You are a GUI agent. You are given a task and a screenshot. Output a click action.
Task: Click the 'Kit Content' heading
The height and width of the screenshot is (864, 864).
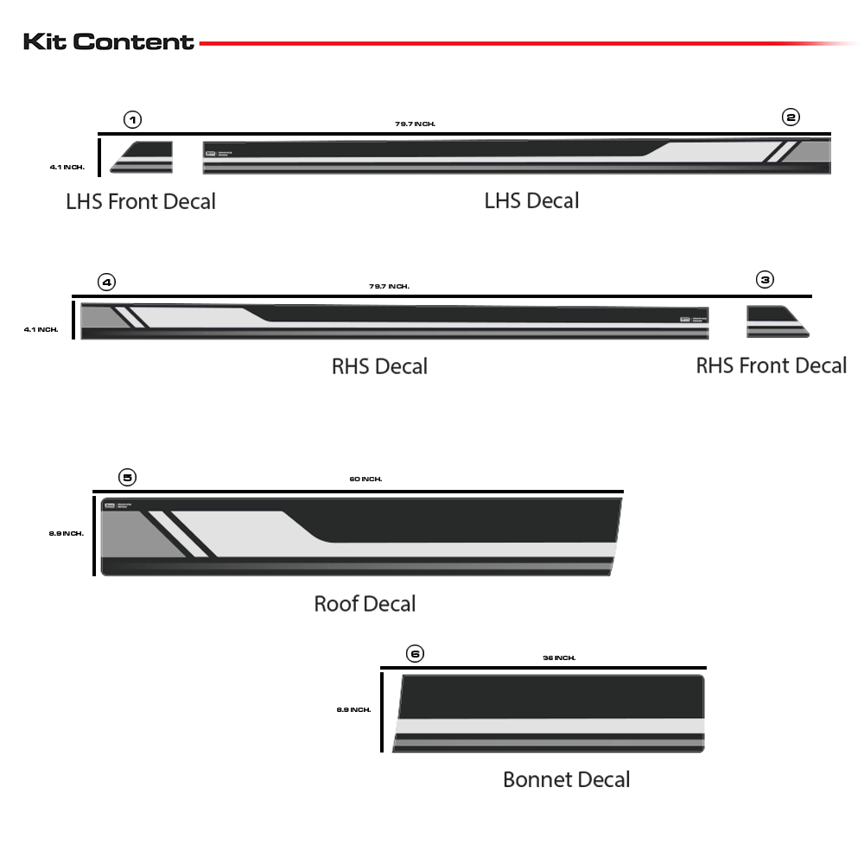click(109, 41)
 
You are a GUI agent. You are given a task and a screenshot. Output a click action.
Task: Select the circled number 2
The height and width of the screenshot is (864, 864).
click(791, 118)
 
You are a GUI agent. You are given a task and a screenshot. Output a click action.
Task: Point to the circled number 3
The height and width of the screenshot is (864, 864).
click(765, 279)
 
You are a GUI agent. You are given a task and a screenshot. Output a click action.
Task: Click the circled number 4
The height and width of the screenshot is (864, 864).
click(106, 282)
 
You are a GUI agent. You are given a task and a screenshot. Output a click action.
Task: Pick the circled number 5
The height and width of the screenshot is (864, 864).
click(127, 477)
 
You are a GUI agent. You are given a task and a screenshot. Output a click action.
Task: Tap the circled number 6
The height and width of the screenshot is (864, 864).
click(416, 653)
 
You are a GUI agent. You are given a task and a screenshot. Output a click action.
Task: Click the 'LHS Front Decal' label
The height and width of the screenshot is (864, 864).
click(141, 202)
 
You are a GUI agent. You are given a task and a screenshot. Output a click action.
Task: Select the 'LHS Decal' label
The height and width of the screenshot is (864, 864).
click(531, 201)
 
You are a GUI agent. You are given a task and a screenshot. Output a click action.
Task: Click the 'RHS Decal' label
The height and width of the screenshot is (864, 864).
click(379, 366)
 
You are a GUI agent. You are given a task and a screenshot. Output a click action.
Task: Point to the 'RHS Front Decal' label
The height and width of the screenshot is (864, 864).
click(771, 365)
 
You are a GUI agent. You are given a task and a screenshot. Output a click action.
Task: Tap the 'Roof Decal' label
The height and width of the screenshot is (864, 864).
click(365, 603)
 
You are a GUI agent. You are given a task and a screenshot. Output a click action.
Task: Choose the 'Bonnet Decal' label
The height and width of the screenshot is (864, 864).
click(566, 779)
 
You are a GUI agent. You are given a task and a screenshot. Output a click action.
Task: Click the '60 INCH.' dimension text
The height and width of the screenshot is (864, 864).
click(365, 479)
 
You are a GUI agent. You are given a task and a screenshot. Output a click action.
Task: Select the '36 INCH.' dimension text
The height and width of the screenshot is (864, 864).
click(559, 658)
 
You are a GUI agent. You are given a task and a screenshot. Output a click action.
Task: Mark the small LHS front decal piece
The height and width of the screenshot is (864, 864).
click(143, 157)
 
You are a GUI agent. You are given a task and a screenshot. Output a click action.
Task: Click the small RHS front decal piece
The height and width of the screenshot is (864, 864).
click(776, 321)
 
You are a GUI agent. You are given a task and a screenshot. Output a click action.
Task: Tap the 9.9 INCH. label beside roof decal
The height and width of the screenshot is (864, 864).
click(67, 533)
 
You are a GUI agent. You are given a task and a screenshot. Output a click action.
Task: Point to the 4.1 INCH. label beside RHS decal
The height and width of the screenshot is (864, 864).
click(41, 329)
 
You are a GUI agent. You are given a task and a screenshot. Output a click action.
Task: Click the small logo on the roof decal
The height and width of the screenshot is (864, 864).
click(110, 505)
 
